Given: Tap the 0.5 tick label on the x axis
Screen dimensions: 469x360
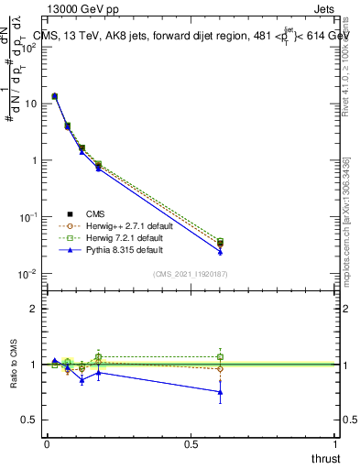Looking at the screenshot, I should [191, 444].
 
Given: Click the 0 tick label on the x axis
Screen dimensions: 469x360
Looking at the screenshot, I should [47, 444].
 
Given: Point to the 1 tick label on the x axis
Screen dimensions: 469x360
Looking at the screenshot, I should [336, 444].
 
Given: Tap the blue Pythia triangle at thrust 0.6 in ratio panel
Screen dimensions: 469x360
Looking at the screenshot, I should [220, 392].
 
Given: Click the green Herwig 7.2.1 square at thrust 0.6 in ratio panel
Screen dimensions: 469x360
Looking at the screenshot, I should [220, 356].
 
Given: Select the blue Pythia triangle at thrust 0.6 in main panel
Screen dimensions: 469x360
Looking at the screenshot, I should [220, 252].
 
